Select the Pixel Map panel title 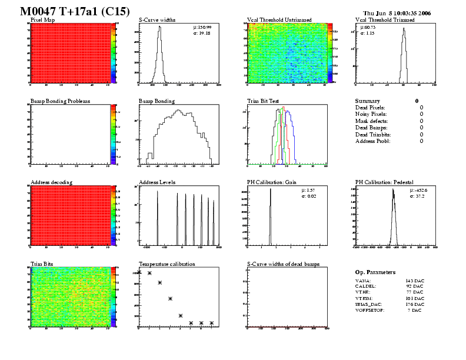point(42,20)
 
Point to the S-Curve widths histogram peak point(159,28)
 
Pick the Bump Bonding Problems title point(60,101)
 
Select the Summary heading point(368,101)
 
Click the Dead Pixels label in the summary point(370,108)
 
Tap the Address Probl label point(372,141)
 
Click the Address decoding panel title point(51,182)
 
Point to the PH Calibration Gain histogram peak point(270,189)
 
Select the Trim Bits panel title point(41,264)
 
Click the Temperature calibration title point(167,264)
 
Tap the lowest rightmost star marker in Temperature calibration point(211,323)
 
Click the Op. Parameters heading point(375,272)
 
